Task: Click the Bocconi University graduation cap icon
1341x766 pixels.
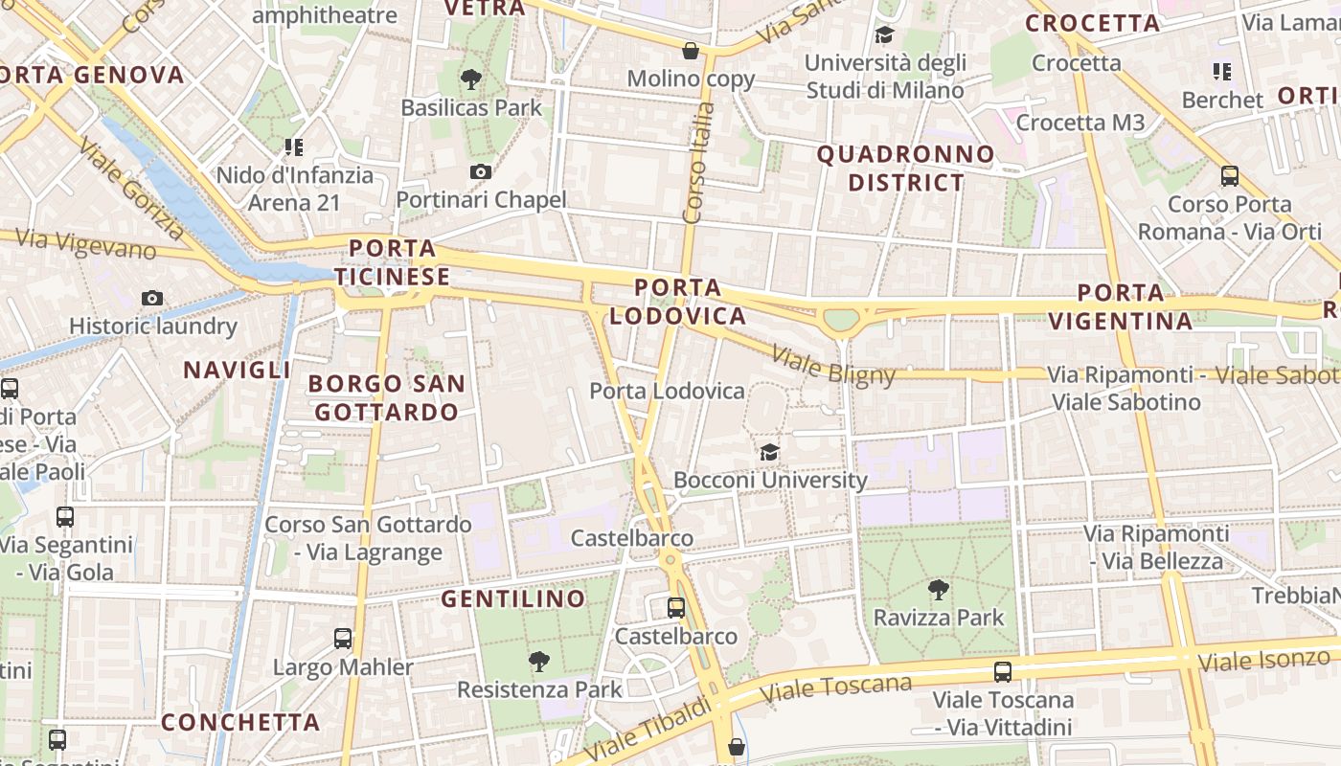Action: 769,452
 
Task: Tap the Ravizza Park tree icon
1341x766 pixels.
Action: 938,590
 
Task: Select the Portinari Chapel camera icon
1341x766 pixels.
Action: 481,172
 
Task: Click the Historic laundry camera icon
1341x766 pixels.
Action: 152,299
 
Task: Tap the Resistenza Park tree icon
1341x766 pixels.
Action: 538,661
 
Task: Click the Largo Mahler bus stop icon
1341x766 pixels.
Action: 343,639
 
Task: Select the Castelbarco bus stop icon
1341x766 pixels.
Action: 676,608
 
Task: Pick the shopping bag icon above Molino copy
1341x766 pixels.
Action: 691,51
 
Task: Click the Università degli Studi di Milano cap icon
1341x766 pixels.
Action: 884,35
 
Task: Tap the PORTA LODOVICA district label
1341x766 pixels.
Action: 677,302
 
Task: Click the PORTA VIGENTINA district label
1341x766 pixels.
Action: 1121,306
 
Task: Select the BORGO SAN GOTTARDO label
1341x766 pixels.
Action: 387,397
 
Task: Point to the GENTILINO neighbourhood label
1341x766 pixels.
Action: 512,599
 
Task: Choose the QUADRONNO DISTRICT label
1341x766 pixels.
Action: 905,168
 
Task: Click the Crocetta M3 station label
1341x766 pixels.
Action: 1080,123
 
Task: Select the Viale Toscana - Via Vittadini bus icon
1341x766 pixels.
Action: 1003,672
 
